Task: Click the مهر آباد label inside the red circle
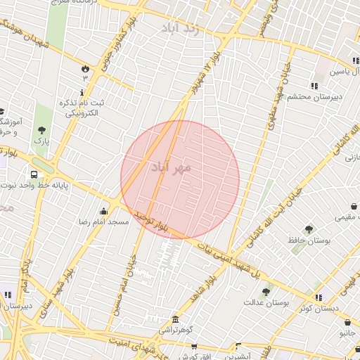click(171, 168)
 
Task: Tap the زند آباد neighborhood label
click(190, 29)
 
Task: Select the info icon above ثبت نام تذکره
click(83, 91)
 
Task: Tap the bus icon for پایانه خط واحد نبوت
click(34, 174)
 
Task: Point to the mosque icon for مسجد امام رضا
click(104, 212)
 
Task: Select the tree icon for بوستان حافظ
click(308, 229)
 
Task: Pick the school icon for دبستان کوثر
click(318, 297)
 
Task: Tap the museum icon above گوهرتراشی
click(174, 320)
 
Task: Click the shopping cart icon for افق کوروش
click(240, 345)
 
